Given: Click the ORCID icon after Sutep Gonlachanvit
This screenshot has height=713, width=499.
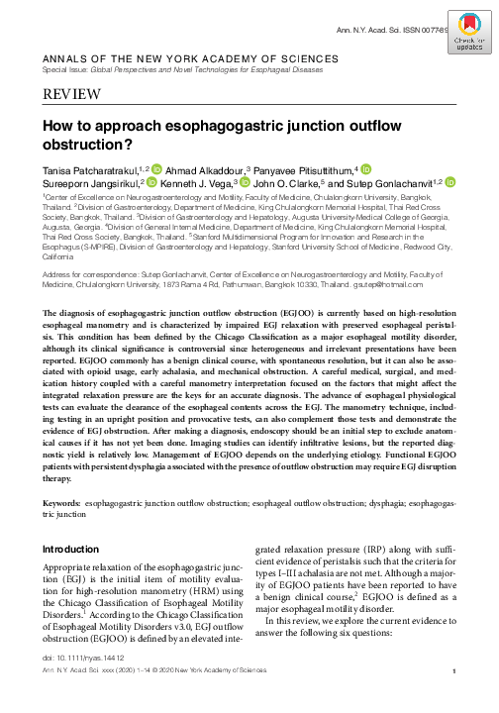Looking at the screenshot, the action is (450, 184).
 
